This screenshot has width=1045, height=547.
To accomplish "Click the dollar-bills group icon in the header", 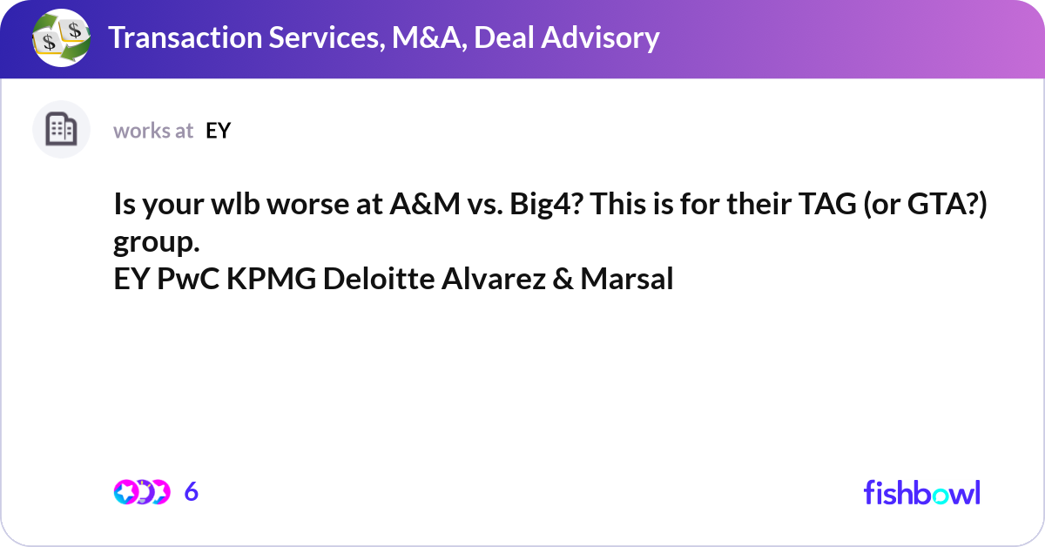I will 61,38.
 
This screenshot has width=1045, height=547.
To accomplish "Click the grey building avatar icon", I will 61,130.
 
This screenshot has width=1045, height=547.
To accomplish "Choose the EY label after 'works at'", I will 218,131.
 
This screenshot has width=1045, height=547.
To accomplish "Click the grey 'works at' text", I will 153,131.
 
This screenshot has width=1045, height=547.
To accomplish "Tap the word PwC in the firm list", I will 192,280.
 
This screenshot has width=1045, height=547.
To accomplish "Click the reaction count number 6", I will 192,492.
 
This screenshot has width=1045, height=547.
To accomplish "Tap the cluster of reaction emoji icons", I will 141,492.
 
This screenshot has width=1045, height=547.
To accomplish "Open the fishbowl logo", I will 921,492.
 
